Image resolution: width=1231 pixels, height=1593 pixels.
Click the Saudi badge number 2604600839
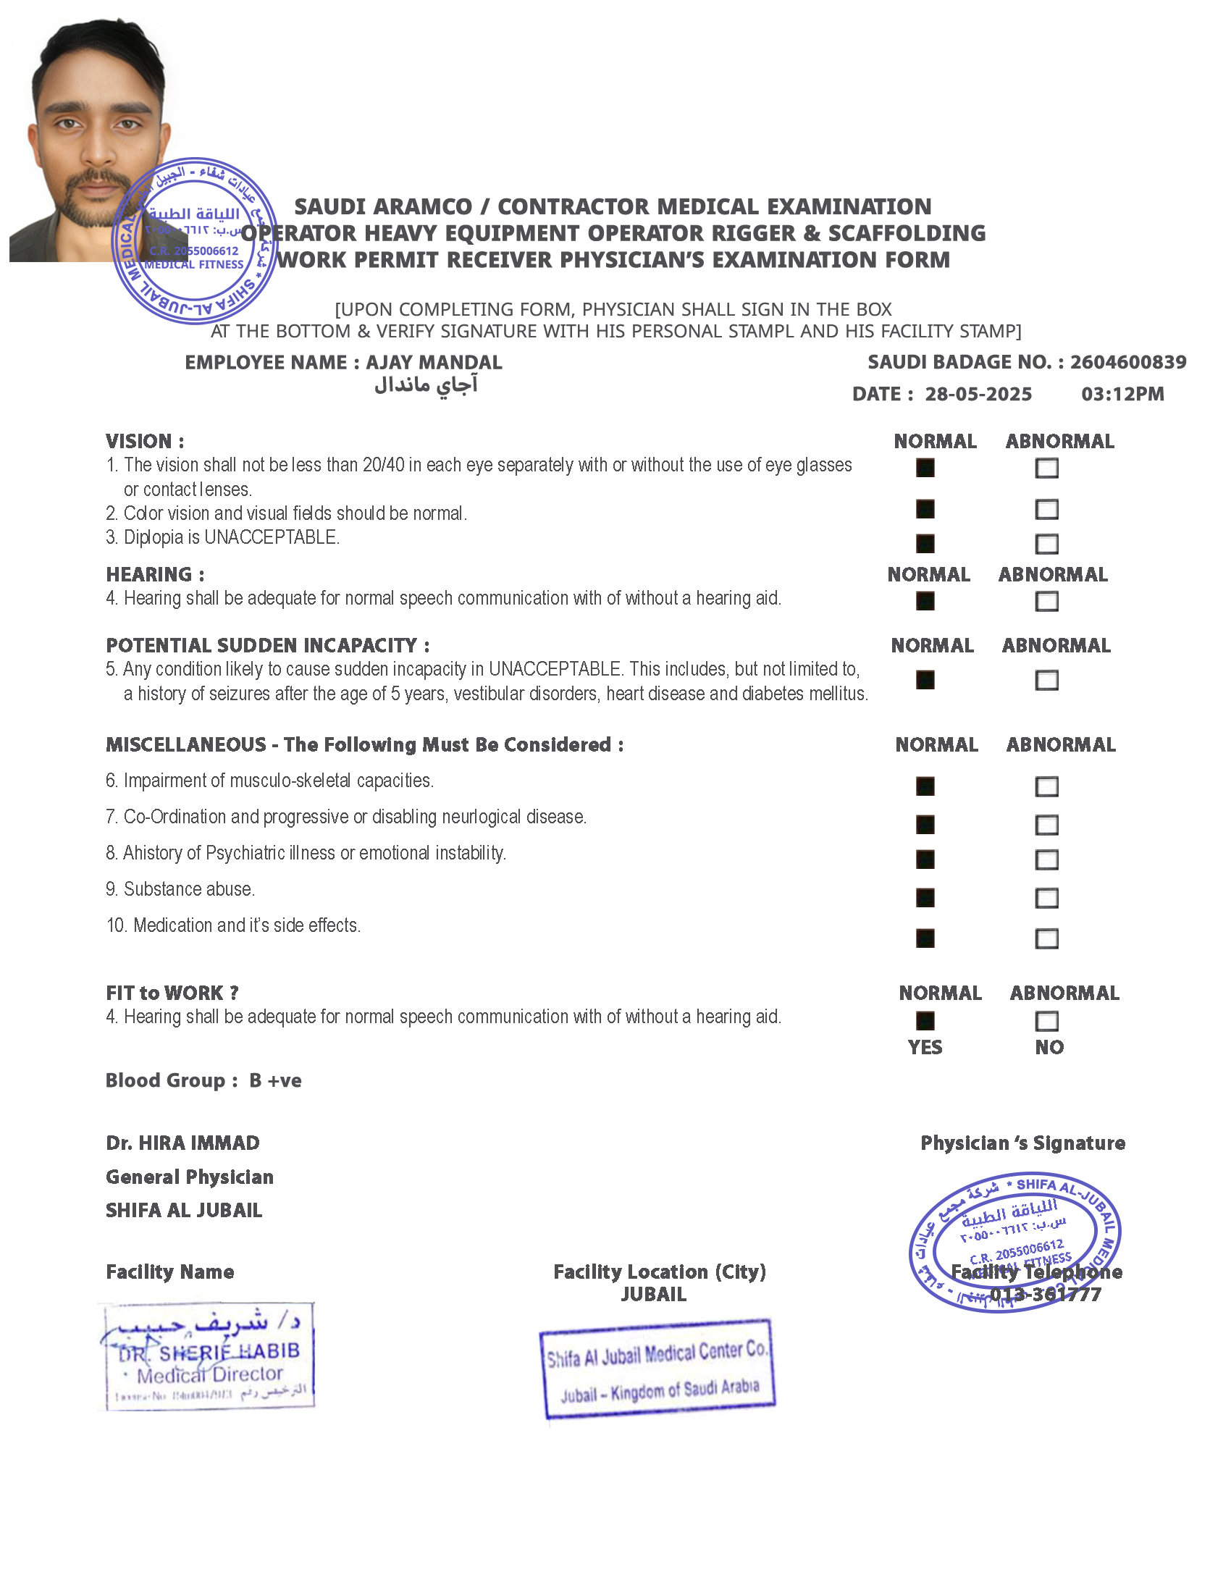click(1127, 363)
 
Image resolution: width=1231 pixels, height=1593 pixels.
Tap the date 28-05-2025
click(978, 395)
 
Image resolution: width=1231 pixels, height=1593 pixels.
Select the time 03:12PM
click(1122, 395)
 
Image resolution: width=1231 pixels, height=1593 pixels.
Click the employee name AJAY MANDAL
click(433, 363)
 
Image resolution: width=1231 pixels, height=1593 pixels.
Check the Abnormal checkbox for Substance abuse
click(1046, 898)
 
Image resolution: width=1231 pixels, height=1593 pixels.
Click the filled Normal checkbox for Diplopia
click(925, 543)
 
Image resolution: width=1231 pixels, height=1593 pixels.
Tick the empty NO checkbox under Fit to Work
click(1046, 1020)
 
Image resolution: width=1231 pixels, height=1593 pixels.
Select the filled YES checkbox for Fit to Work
click(925, 1020)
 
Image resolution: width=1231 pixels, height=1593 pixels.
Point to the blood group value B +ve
click(275, 1080)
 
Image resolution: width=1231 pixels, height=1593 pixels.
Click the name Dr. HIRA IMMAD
click(182, 1143)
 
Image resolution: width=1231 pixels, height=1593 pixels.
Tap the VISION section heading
click(144, 441)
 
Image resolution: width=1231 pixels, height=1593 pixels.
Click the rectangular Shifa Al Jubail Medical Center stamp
click(657, 1369)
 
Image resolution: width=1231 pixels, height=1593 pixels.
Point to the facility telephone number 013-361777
click(1045, 1295)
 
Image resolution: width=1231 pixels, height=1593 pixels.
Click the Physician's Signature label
click(1022, 1143)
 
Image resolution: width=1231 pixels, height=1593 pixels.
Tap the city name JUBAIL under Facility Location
click(653, 1295)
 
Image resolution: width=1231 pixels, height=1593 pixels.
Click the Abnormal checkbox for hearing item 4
click(1046, 601)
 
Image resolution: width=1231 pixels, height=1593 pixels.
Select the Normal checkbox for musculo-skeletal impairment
click(925, 786)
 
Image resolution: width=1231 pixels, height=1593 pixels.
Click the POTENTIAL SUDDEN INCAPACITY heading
click(268, 645)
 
